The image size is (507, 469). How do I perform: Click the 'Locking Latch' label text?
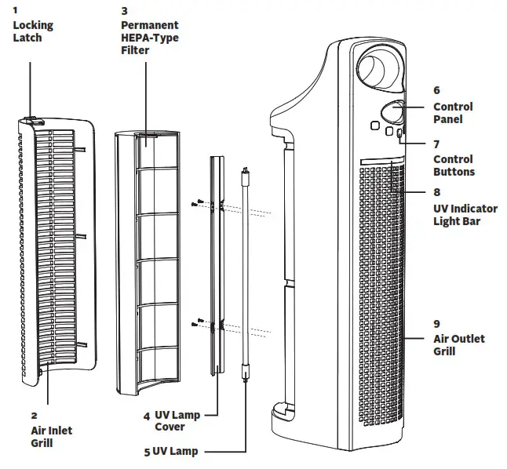[32, 31]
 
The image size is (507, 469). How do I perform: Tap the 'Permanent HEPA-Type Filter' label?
[149, 38]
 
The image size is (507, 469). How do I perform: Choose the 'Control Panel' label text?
[453, 113]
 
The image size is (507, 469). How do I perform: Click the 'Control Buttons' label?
[454, 165]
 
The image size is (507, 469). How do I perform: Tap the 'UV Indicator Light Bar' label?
[465, 215]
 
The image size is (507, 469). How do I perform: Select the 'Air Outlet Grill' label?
[458, 345]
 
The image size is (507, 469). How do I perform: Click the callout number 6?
[436, 90]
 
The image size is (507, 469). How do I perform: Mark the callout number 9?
[436, 323]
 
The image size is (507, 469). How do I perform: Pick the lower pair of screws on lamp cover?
[200, 322]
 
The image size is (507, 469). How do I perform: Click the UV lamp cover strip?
[216, 267]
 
